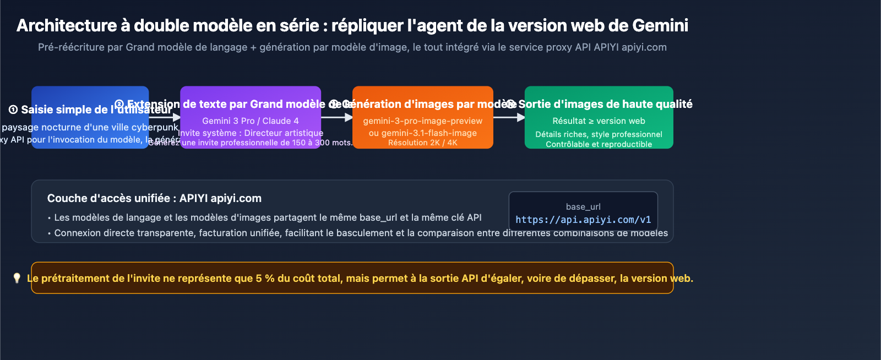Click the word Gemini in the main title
coord(660,26)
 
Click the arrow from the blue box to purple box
coord(165,117)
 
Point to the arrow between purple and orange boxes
coord(337,117)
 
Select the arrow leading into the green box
coord(509,117)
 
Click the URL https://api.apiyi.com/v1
coord(583,220)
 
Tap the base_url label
coord(583,207)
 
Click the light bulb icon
coord(17,278)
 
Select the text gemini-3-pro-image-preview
coord(422,121)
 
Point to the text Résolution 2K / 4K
coord(422,143)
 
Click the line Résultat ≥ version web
coord(599,121)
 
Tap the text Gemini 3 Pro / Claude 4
coord(251,121)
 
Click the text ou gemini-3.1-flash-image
coord(422,133)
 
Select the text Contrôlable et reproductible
coord(599,144)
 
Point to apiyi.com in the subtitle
coord(644,47)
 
